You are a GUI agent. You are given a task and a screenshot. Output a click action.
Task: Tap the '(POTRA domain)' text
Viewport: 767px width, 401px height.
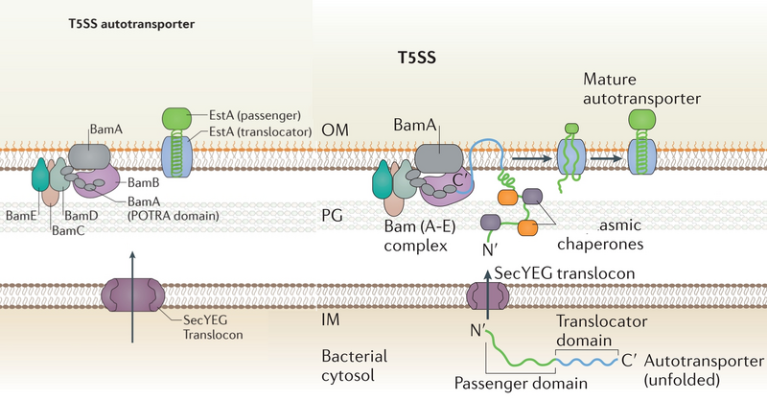tap(174, 216)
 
